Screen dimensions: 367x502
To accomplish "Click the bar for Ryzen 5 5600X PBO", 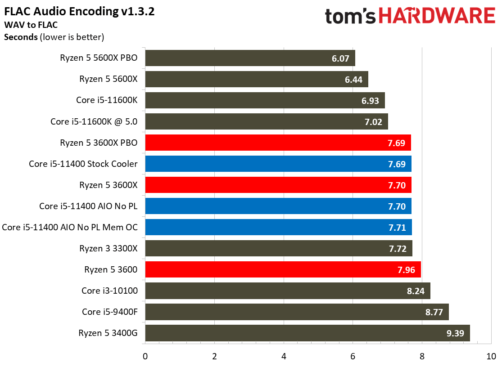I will [250, 58].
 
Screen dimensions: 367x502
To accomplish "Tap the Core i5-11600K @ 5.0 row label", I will [94, 121].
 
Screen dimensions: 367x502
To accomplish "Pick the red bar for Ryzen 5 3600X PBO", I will [278, 143].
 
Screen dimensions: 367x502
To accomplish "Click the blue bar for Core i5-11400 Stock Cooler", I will [278, 164].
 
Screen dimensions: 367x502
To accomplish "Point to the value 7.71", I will [397, 228].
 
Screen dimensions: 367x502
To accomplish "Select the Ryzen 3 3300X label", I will [109, 248].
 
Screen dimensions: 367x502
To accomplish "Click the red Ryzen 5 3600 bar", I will [283, 269].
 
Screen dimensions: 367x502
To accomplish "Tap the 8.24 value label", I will [416, 291].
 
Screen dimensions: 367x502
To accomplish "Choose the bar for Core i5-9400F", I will [297, 312].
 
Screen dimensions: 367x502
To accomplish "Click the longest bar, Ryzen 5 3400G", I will [307, 333].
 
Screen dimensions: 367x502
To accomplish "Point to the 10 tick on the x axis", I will [491, 357].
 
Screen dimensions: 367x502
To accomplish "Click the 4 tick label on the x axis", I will [284, 357].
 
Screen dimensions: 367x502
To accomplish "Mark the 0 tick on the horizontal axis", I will [145, 357].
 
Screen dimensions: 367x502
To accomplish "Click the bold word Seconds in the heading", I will [21, 37].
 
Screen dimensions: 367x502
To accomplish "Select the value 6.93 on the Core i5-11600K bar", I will [371, 100].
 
